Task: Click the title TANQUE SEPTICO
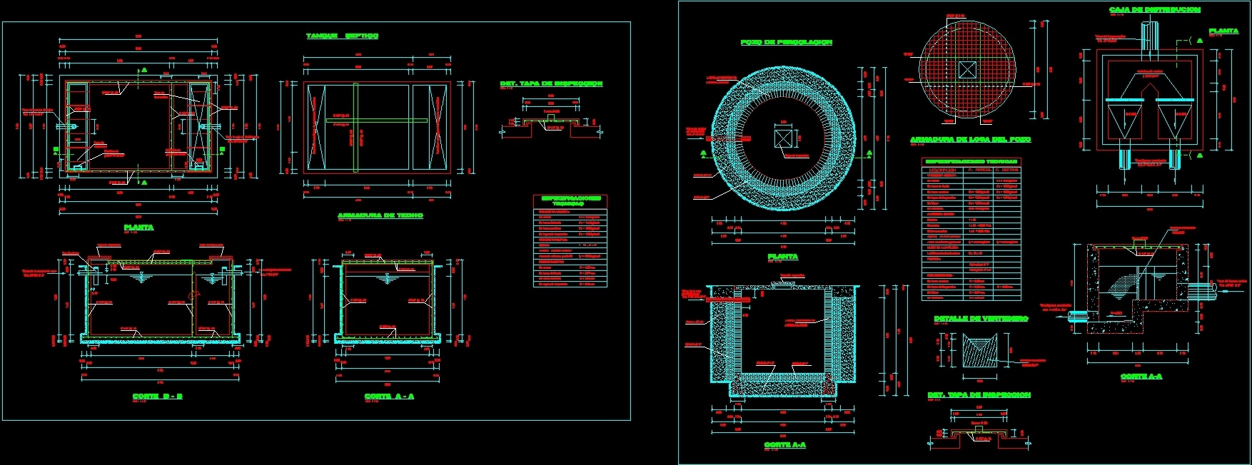pos(342,36)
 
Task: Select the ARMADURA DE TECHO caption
pos(380,215)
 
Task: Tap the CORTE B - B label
pos(157,396)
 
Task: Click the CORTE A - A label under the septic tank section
pos(389,396)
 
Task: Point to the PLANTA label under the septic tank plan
pos(138,228)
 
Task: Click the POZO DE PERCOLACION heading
pos(786,43)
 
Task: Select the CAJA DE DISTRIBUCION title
pos(1154,10)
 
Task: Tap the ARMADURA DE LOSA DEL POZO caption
pos(970,140)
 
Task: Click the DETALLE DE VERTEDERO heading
pos(981,319)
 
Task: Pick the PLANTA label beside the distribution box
pos(1223,31)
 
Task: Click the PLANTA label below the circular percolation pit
pos(782,256)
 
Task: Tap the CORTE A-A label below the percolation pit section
pos(784,444)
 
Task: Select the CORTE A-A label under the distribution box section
pos(1141,376)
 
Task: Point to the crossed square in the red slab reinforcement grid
pos(966,70)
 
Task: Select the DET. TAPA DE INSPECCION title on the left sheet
pos(551,84)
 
